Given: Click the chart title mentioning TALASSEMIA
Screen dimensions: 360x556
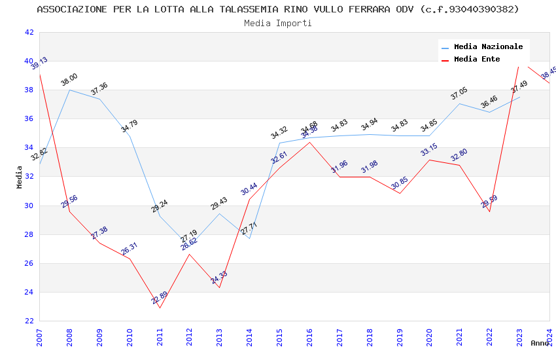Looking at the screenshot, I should (278, 9).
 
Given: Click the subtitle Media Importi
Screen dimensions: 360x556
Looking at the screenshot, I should (278, 23).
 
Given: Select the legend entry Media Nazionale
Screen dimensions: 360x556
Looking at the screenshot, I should (488, 47).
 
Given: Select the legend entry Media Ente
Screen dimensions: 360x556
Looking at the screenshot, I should (477, 59).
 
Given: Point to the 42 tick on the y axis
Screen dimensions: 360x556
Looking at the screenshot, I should (29, 32).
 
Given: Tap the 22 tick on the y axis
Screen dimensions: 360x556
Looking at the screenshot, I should (29, 321).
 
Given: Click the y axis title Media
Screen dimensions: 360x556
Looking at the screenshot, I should (20, 177).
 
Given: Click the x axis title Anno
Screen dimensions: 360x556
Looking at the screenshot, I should (540, 343).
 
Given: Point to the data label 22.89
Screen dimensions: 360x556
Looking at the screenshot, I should (160, 298).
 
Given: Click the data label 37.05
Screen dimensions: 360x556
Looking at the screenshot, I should (459, 96).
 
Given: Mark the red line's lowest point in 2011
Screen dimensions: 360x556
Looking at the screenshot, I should (160, 308).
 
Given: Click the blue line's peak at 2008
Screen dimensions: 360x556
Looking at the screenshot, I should (69, 90).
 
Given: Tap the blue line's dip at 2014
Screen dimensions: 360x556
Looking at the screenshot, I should (249, 238).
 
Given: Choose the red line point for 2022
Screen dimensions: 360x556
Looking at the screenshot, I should (489, 211).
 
